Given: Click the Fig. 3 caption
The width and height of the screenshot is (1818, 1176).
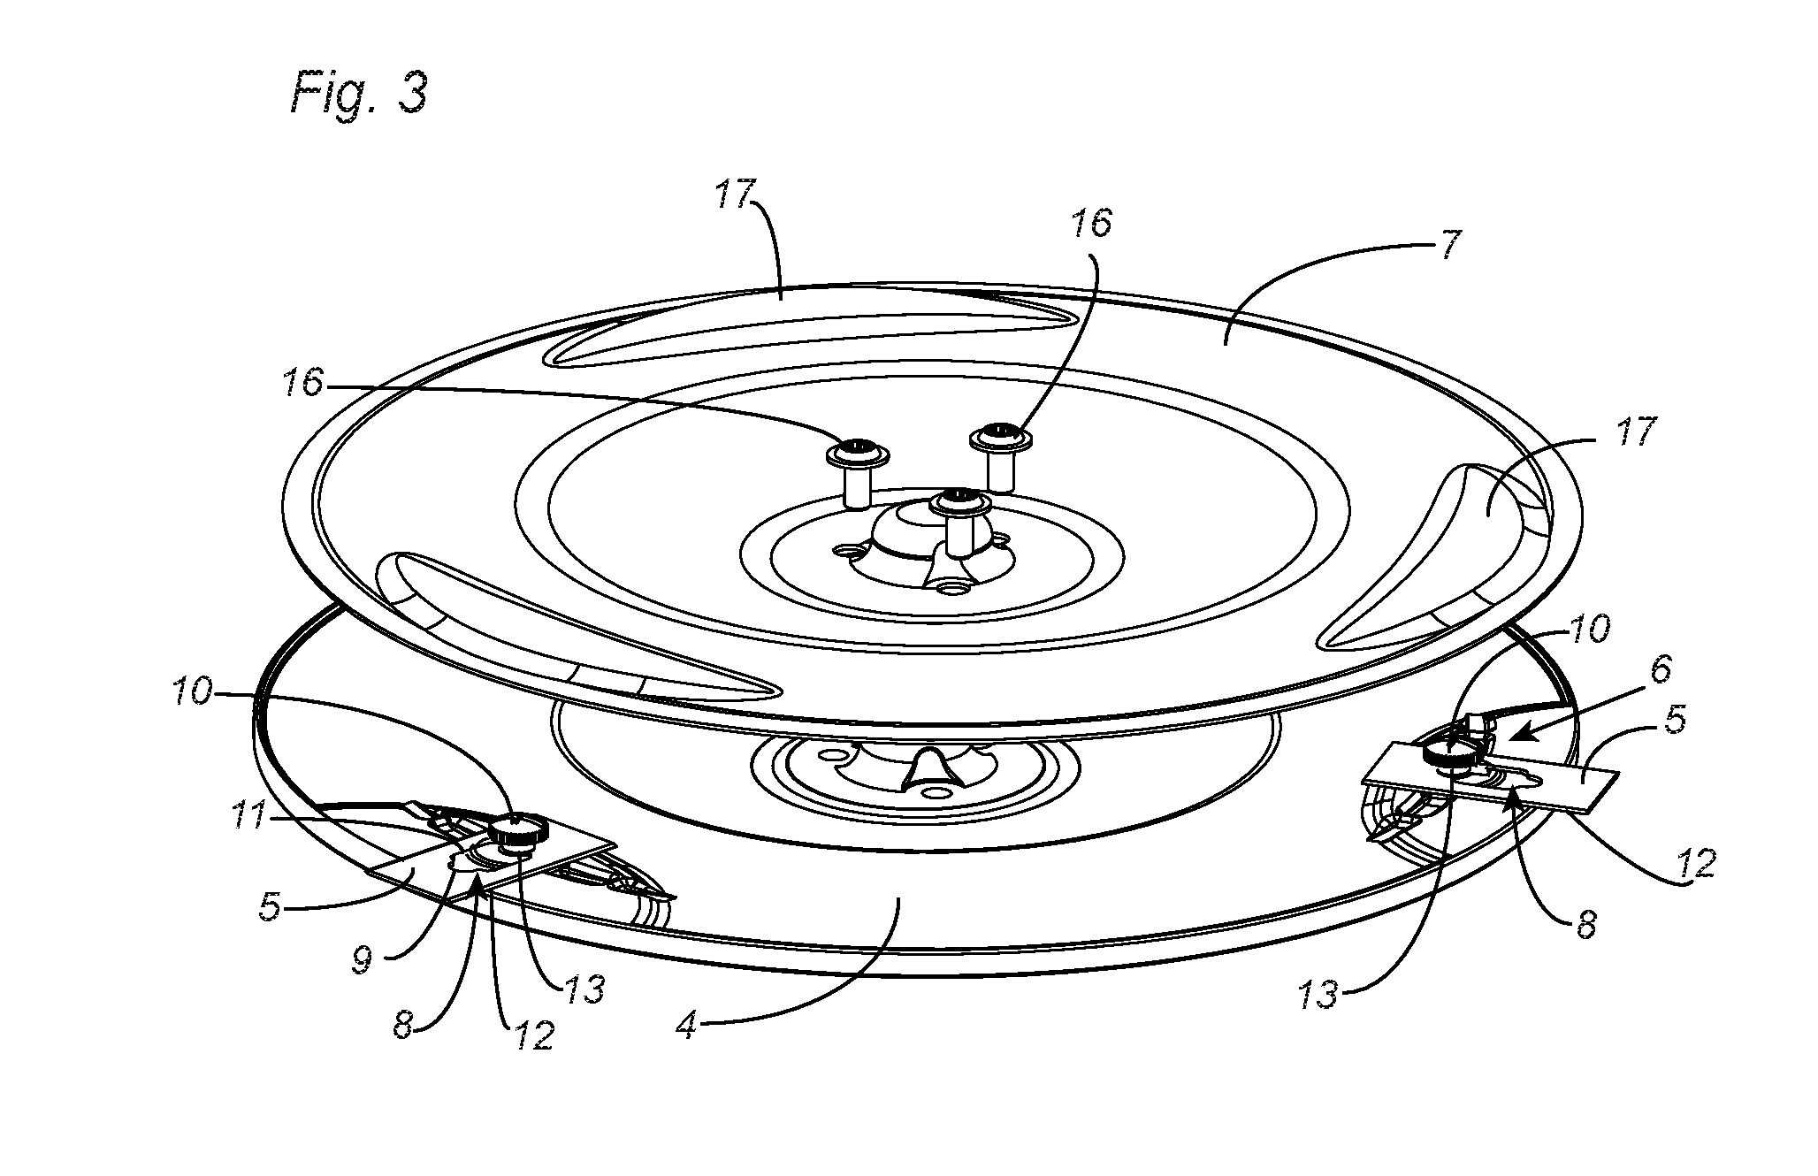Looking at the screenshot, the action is pyautogui.click(x=358, y=94).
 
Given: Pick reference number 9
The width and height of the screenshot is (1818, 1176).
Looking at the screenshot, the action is pyautogui.click(x=362, y=962).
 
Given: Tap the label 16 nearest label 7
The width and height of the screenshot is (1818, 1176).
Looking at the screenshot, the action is pyautogui.click(x=1091, y=224).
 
